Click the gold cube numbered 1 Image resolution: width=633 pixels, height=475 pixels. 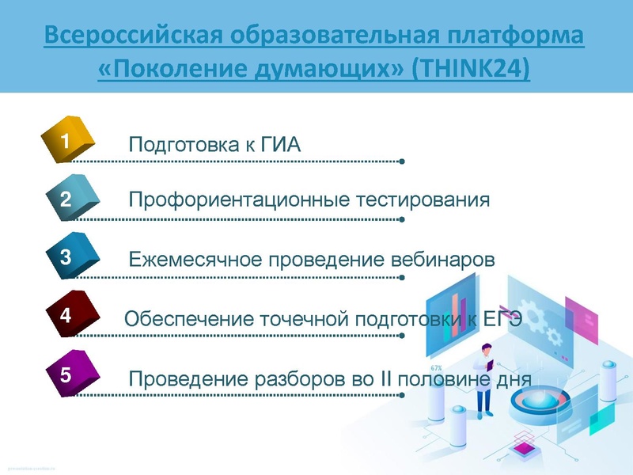68,141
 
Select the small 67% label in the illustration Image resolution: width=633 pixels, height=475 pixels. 436,368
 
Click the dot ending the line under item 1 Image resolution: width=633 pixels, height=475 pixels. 403,162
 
